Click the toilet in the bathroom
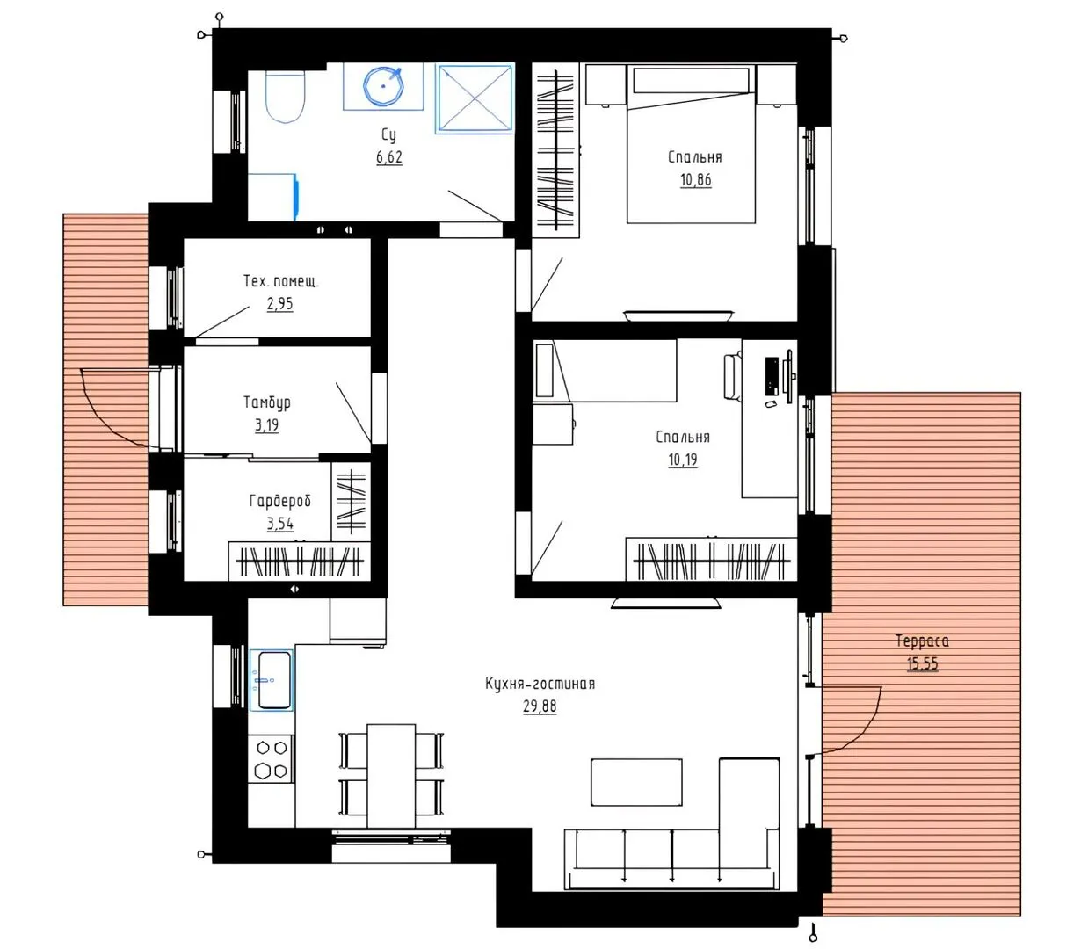tap(286, 96)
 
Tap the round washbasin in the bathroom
tap(381, 86)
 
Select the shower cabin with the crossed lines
tap(475, 98)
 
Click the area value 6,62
tap(389, 157)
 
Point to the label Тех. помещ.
tap(280, 280)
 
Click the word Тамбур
tap(267, 402)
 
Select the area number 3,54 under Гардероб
tap(279, 524)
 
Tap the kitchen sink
tap(272, 680)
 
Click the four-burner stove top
tap(272, 758)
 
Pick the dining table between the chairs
tap(391, 776)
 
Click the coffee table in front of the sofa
tap(636, 782)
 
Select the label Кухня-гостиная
tap(540, 684)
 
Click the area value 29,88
tap(540, 706)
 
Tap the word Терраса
tap(922, 641)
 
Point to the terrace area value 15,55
tap(923, 664)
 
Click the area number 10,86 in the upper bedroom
tap(695, 180)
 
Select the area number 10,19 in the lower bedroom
tap(683, 460)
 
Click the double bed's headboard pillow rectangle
tap(692, 79)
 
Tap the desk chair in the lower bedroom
tap(733, 376)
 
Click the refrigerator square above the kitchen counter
tap(358, 621)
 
